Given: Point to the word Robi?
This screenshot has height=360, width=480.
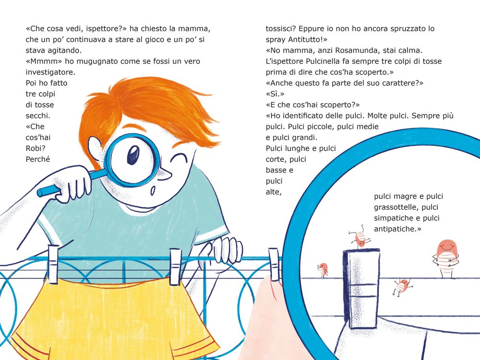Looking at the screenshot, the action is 36,148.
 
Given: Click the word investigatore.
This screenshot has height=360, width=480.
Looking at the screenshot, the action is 50,72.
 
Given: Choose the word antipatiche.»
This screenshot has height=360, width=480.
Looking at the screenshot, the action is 397,228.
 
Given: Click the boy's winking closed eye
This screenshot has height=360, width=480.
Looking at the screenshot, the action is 180,158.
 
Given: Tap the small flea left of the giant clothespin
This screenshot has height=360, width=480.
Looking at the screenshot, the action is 323,270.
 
